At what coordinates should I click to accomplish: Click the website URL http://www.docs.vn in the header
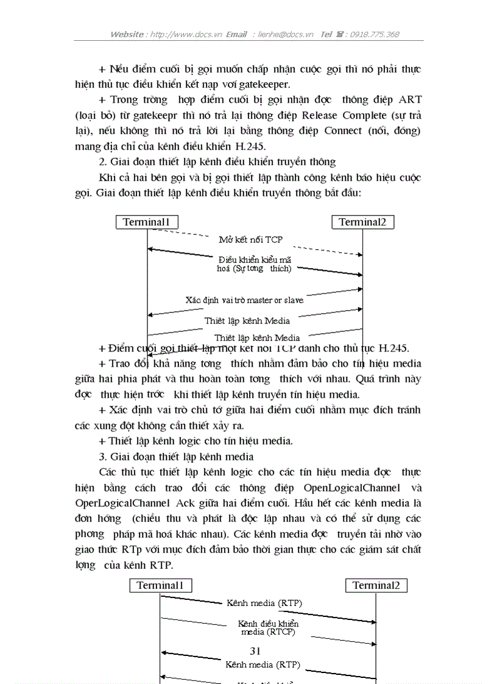point(186,35)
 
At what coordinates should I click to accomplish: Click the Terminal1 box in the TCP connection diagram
point(147,222)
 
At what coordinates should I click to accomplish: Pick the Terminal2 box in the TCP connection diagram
point(363,222)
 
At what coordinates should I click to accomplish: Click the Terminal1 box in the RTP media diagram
point(160,585)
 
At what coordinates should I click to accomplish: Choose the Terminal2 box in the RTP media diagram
point(376,585)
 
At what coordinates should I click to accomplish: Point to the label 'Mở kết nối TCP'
point(250,239)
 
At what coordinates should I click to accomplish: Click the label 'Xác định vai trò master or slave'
point(244,300)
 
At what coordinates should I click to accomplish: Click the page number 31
point(255,651)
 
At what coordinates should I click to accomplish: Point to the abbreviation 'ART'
point(410,100)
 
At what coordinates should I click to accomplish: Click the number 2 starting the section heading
point(101,162)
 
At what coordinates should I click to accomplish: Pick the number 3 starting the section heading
point(101,456)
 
